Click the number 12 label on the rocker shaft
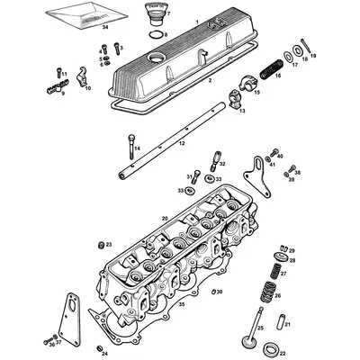[181, 143]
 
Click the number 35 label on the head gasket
[182, 305]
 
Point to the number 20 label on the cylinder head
[165, 218]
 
